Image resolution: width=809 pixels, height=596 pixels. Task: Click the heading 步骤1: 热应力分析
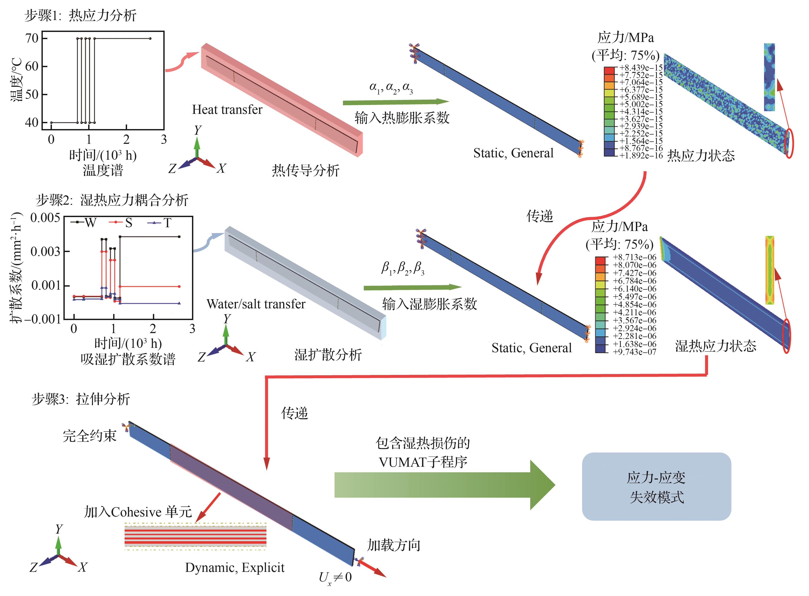click(80, 15)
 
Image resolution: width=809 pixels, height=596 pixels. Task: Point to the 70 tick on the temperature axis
click(32, 38)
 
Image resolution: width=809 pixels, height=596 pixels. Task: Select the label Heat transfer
click(227, 109)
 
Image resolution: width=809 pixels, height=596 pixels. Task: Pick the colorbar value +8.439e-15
click(641, 67)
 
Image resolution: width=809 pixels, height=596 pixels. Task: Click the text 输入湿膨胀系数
click(429, 304)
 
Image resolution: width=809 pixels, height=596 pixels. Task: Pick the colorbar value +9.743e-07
click(635, 352)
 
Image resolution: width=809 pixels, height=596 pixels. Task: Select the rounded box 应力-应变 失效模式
click(656, 486)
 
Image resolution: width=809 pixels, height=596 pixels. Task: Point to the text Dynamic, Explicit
click(235, 568)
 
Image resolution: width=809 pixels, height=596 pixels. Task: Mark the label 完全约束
click(89, 436)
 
